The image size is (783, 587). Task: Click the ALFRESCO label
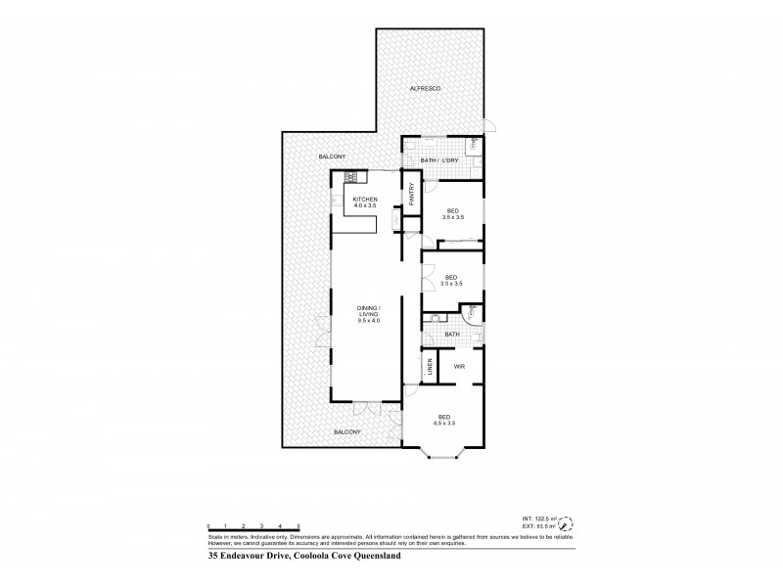pos(426,90)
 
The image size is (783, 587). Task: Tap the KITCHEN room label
pos(365,200)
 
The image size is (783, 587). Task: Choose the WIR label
pos(458,367)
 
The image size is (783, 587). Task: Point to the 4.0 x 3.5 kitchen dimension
pos(365,206)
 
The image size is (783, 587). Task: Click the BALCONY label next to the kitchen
pos(332,158)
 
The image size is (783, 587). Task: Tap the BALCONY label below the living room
pos(347,431)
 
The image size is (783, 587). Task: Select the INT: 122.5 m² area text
pos(540,518)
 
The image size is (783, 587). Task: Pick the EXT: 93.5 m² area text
pos(540,525)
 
